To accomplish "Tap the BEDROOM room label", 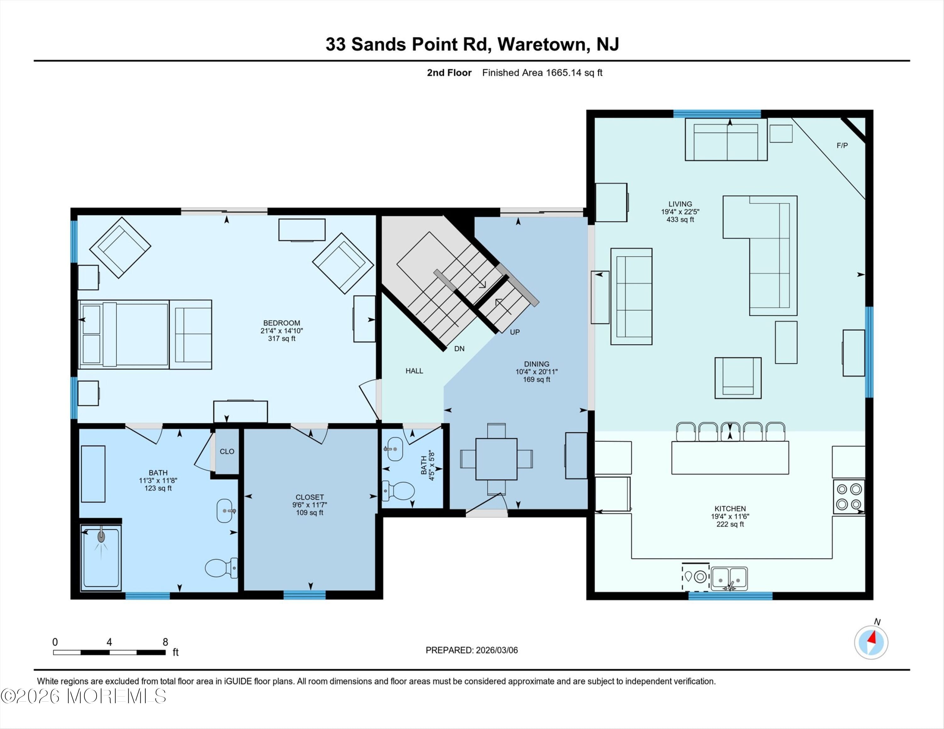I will pos(281,323).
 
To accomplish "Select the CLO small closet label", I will pos(227,451).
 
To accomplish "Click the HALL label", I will pos(414,371).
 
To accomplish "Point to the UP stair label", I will pos(514,332).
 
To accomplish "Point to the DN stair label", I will pos(459,348).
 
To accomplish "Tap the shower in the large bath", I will pos(101,558).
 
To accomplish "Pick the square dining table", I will pos(496,459).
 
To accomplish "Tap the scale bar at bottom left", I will pos(110,652).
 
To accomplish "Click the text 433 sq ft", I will pos(680,220).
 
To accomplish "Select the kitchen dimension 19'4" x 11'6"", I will pos(730,516).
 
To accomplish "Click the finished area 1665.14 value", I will pos(563,73).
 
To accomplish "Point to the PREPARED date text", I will pos(472,650).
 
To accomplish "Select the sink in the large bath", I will pos(225,511).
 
